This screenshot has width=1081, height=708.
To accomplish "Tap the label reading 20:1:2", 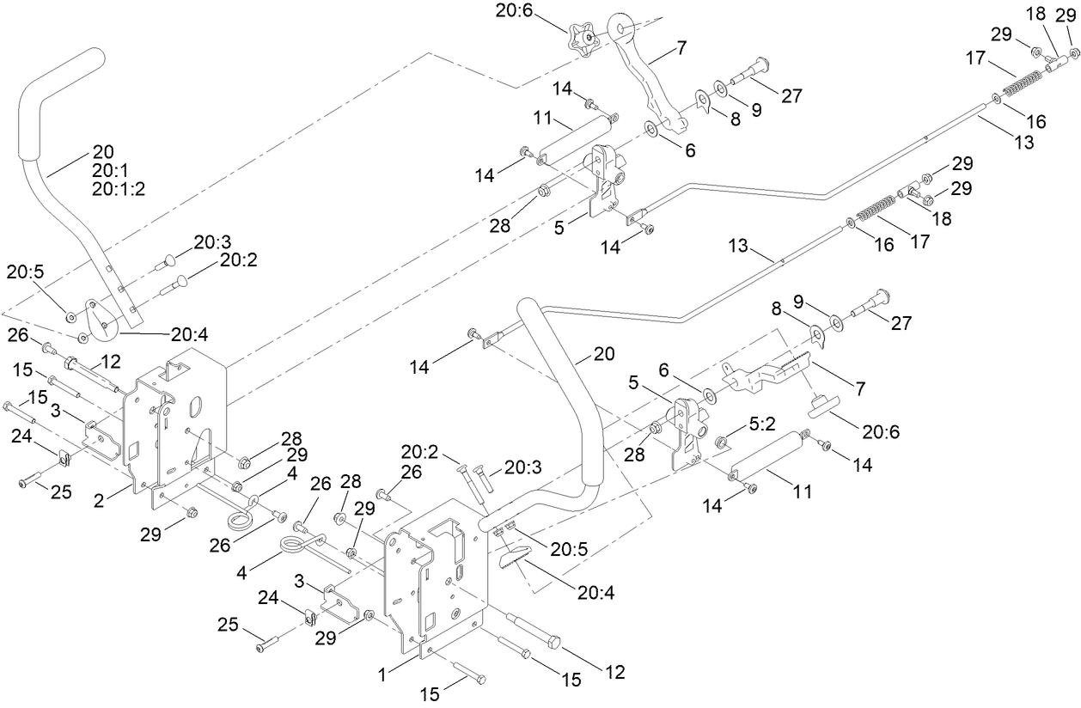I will (x=118, y=189).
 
